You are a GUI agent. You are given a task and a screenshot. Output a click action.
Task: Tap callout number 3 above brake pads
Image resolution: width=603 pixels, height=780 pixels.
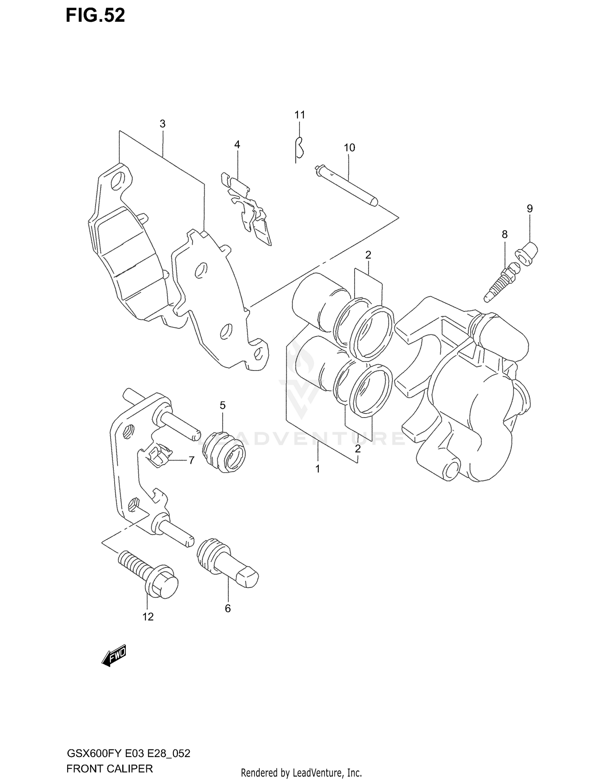[162, 124]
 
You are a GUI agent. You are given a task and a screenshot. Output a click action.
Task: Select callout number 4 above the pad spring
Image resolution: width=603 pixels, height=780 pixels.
[237, 145]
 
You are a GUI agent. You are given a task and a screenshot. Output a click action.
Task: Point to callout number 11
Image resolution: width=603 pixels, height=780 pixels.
[299, 115]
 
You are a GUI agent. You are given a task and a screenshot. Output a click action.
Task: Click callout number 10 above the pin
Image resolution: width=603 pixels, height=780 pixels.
[349, 148]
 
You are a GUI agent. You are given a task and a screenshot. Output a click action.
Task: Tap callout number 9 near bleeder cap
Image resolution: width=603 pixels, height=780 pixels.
[529, 209]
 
